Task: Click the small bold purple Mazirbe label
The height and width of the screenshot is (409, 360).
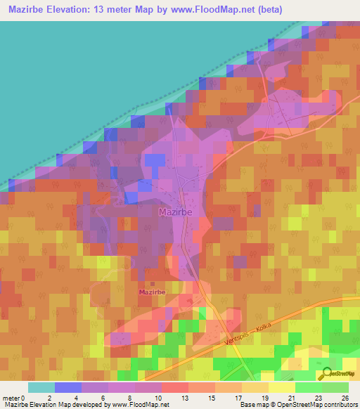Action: (152, 292)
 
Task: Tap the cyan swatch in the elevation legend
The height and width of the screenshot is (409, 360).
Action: (41, 387)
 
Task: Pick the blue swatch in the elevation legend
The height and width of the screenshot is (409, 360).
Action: (68, 387)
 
